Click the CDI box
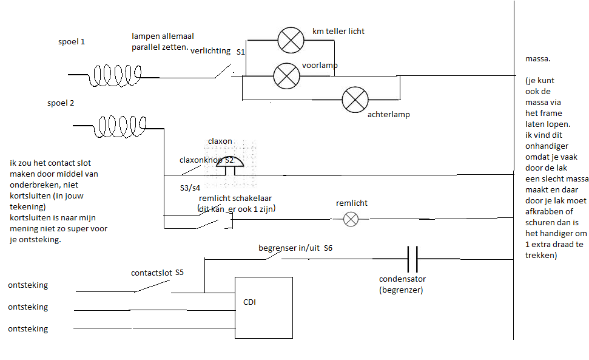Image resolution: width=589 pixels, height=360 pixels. (264, 307)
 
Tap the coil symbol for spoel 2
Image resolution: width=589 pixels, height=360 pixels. (123, 126)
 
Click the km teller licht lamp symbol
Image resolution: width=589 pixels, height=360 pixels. (291, 40)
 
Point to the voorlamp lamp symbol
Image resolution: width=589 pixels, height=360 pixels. (286, 76)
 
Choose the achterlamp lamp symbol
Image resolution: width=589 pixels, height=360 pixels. (355, 100)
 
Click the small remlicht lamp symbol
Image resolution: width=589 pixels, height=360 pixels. (351, 219)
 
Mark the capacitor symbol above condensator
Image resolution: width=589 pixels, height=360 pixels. (412, 259)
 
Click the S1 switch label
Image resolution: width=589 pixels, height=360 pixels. (241, 52)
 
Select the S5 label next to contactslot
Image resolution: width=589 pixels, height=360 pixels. (180, 273)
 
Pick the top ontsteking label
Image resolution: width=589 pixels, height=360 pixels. (28, 285)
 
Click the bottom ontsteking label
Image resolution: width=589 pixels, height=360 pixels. (28, 328)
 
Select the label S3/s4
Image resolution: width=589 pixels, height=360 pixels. (190, 187)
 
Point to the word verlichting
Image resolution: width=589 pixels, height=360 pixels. (210, 51)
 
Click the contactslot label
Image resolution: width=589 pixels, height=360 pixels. (150, 273)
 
